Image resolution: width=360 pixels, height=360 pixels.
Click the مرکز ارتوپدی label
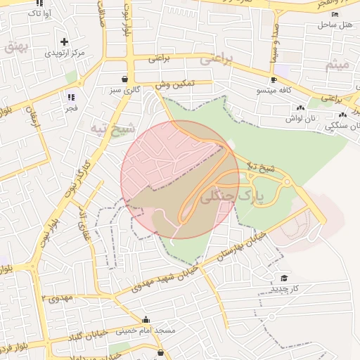pyautogui.click(x=65, y=53)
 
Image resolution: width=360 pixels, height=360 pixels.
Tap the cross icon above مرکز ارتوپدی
pyautogui.click(x=65, y=42)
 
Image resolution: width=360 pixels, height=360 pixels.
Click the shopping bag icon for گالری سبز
pyautogui.click(x=124, y=79)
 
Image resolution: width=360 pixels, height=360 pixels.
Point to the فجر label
pyautogui.click(x=71, y=108)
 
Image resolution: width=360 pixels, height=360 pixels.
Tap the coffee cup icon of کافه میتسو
pyautogui.click(x=273, y=79)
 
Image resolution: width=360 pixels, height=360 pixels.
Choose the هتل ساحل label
pyautogui.click(x=334, y=25)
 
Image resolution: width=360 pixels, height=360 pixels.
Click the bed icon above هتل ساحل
pyautogui.click(x=335, y=14)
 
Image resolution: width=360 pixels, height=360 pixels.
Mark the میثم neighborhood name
pyautogui.click(x=337, y=65)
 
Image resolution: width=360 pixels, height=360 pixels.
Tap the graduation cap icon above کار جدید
pyautogui.click(x=283, y=278)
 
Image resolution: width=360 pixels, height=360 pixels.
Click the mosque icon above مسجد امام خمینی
pyautogui.click(x=146, y=319)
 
